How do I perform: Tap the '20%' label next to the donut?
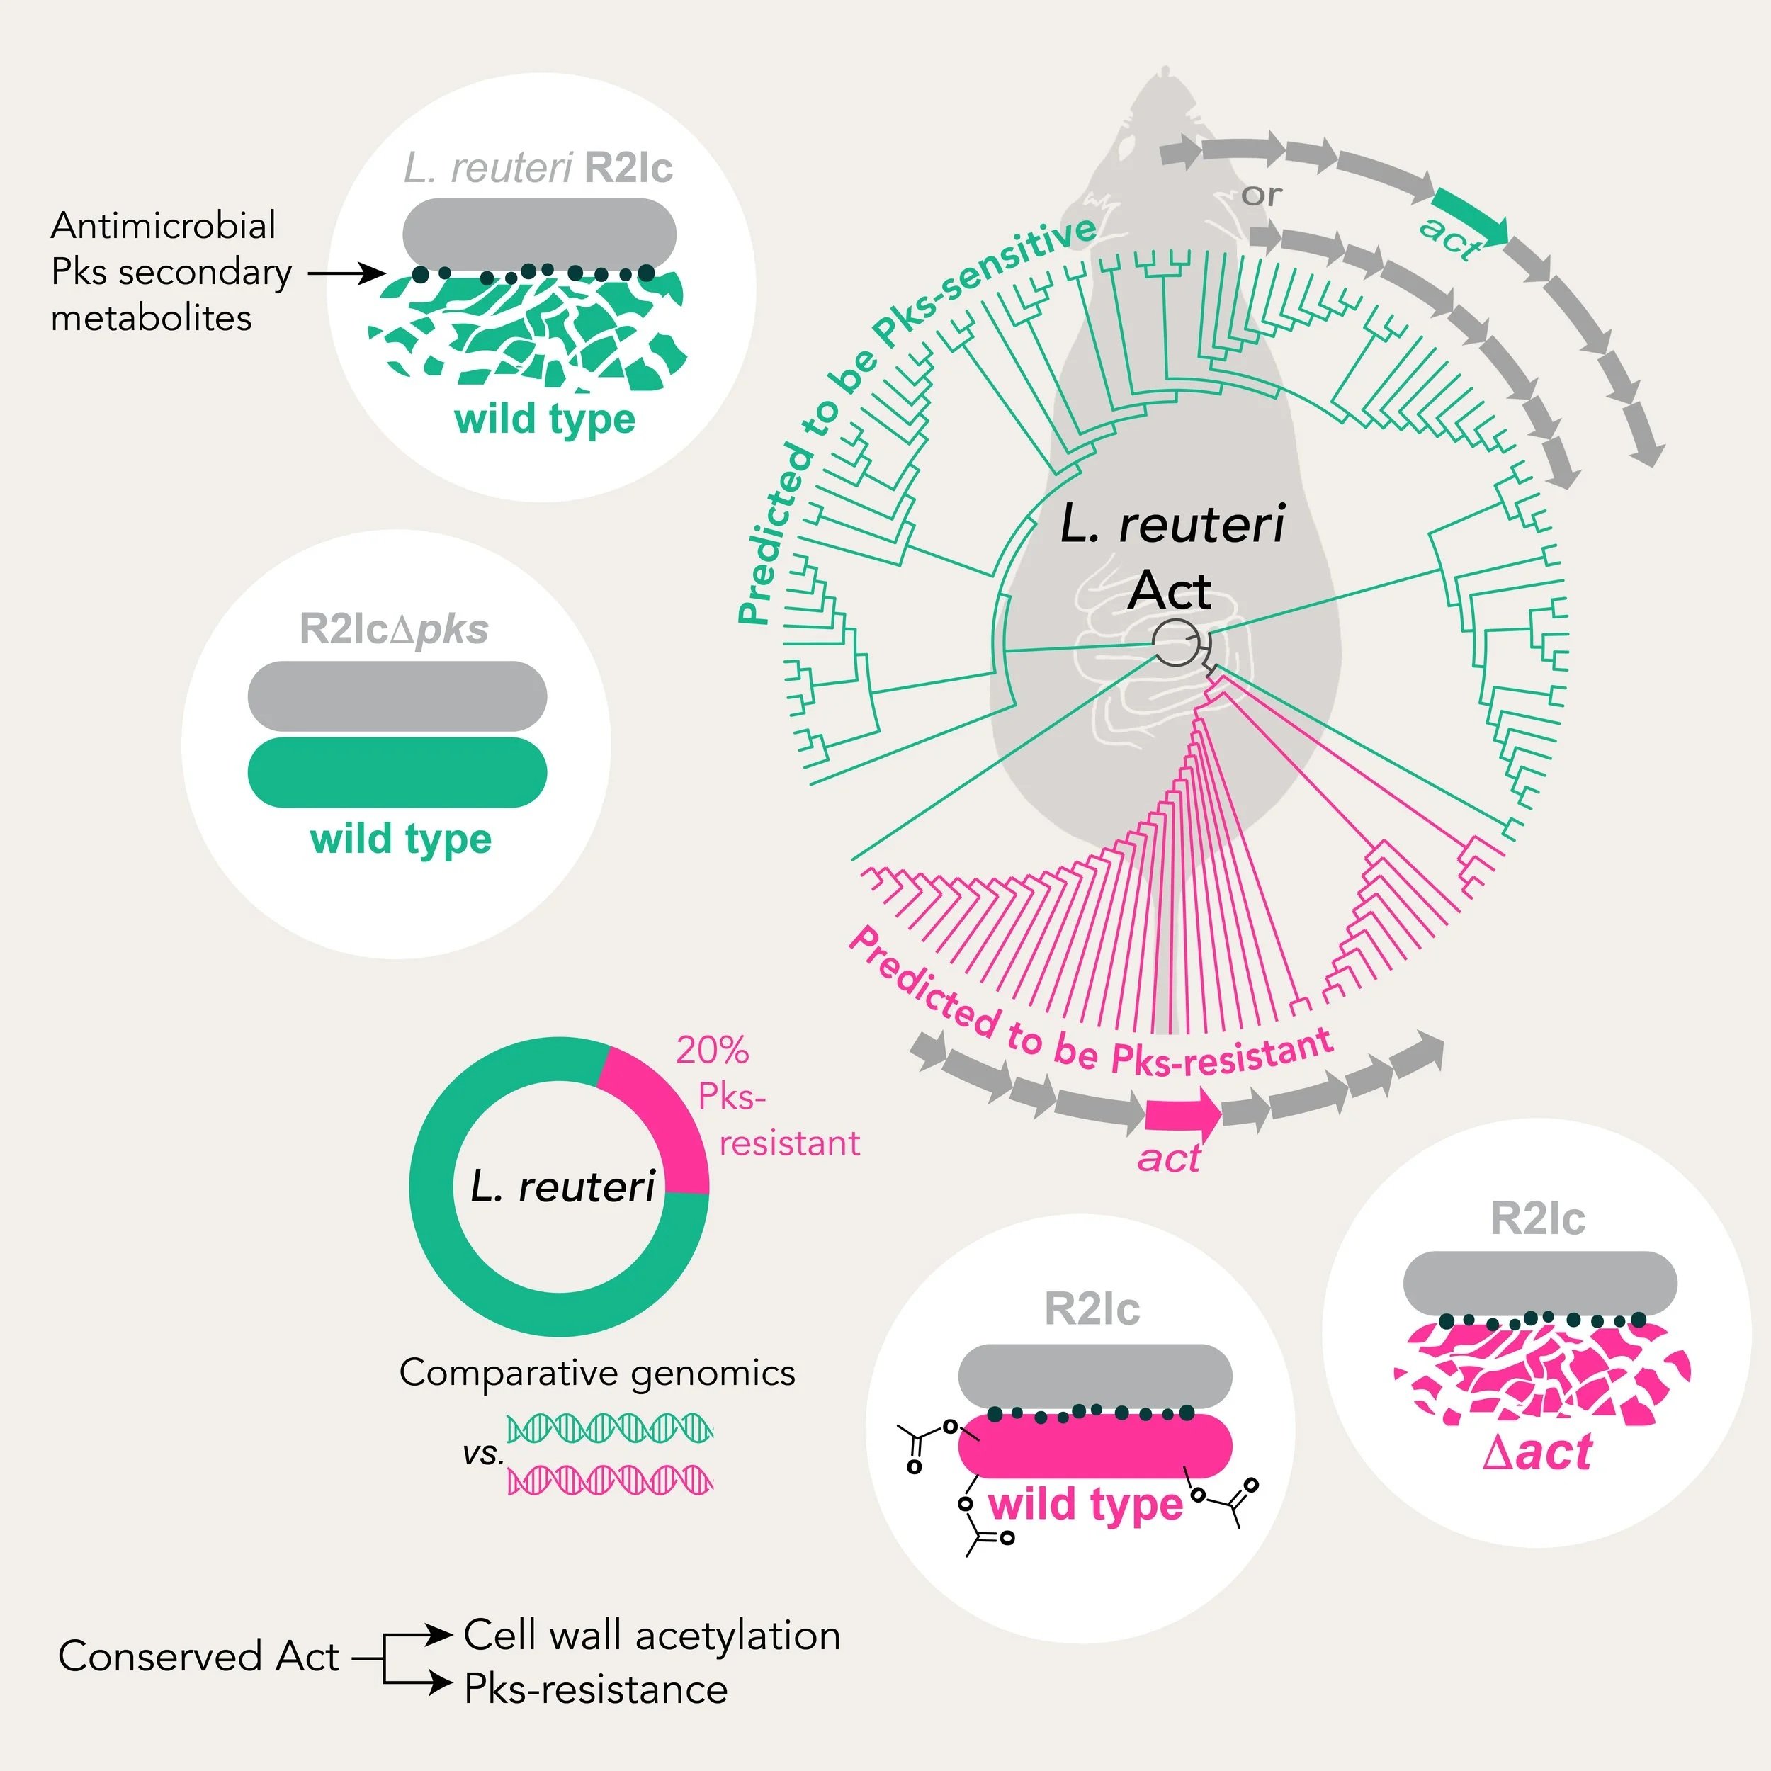click(x=712, y=1051)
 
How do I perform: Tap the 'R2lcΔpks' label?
click(x=393, y=630)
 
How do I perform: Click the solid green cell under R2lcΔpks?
click(x=397, y=772)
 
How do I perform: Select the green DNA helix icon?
click(x=610, y=1428)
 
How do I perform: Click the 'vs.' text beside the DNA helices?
click(x=483, y=1454)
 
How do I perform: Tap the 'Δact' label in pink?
click(x=1537, y=1453)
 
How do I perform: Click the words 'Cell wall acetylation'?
click(x=652, y=1635)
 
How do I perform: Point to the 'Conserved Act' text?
click(x=198, y=1656)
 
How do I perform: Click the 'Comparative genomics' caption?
click(x=596, y=1372)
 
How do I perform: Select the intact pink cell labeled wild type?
click(x=1094, y=1446)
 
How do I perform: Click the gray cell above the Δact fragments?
click(x=1540, y=1281)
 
